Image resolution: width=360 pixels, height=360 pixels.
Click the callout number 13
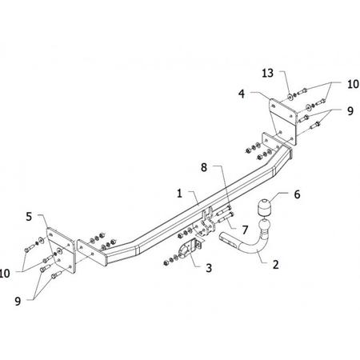pos(267,73)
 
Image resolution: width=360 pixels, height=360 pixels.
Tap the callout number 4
pos(242,94)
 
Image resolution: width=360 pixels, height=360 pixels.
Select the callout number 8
pos(204,167)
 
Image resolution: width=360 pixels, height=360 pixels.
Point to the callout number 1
pos(180,194)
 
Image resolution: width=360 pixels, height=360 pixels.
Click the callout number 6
pos(297,194)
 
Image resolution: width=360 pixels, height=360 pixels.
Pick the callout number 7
pos(245,230)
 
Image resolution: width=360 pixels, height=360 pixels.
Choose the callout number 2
pos(276,264)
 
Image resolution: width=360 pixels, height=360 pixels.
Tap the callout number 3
pos(209,268)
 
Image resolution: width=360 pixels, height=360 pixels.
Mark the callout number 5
pos(29,217)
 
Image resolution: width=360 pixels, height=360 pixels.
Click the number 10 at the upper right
pos(353,84)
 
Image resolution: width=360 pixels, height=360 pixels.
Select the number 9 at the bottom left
pos(18,302)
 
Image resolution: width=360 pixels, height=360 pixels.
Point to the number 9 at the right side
pos(350,110)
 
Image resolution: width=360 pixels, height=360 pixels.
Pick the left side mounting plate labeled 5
pos(62,250)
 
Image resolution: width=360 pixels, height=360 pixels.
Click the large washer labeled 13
pos(290,96)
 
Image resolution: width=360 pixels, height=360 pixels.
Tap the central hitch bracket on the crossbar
pos(208,222)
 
